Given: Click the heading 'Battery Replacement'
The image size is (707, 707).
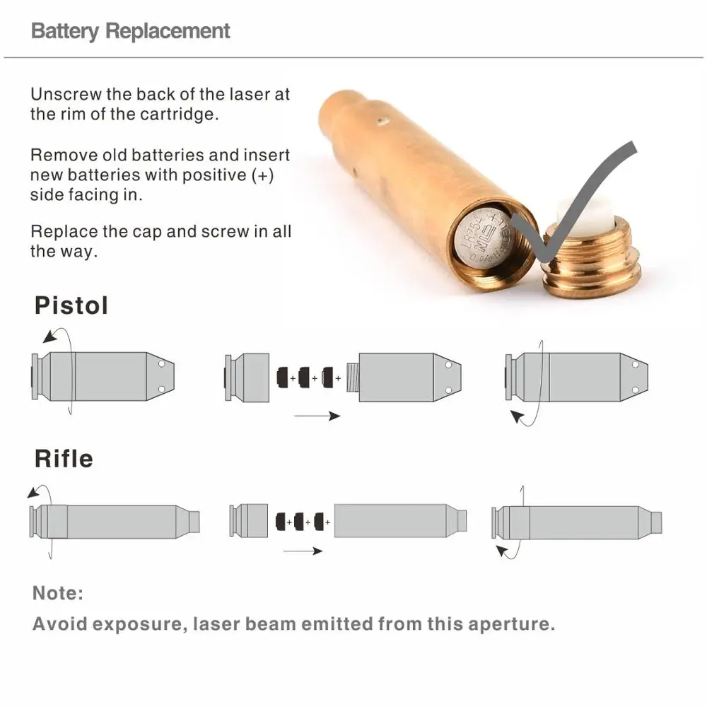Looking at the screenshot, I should click(131, 31).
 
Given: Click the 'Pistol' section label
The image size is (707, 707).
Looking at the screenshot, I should click(71, 306).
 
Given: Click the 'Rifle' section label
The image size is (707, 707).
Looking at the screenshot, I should click(64, 458).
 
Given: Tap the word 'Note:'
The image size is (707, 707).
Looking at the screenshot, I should click(58, 592).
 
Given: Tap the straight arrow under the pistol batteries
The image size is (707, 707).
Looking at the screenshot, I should click(316, 416).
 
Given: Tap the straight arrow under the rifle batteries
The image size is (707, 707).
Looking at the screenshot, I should click(301, 551).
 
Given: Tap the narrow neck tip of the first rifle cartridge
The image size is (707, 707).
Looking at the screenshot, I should click(194, 521).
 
